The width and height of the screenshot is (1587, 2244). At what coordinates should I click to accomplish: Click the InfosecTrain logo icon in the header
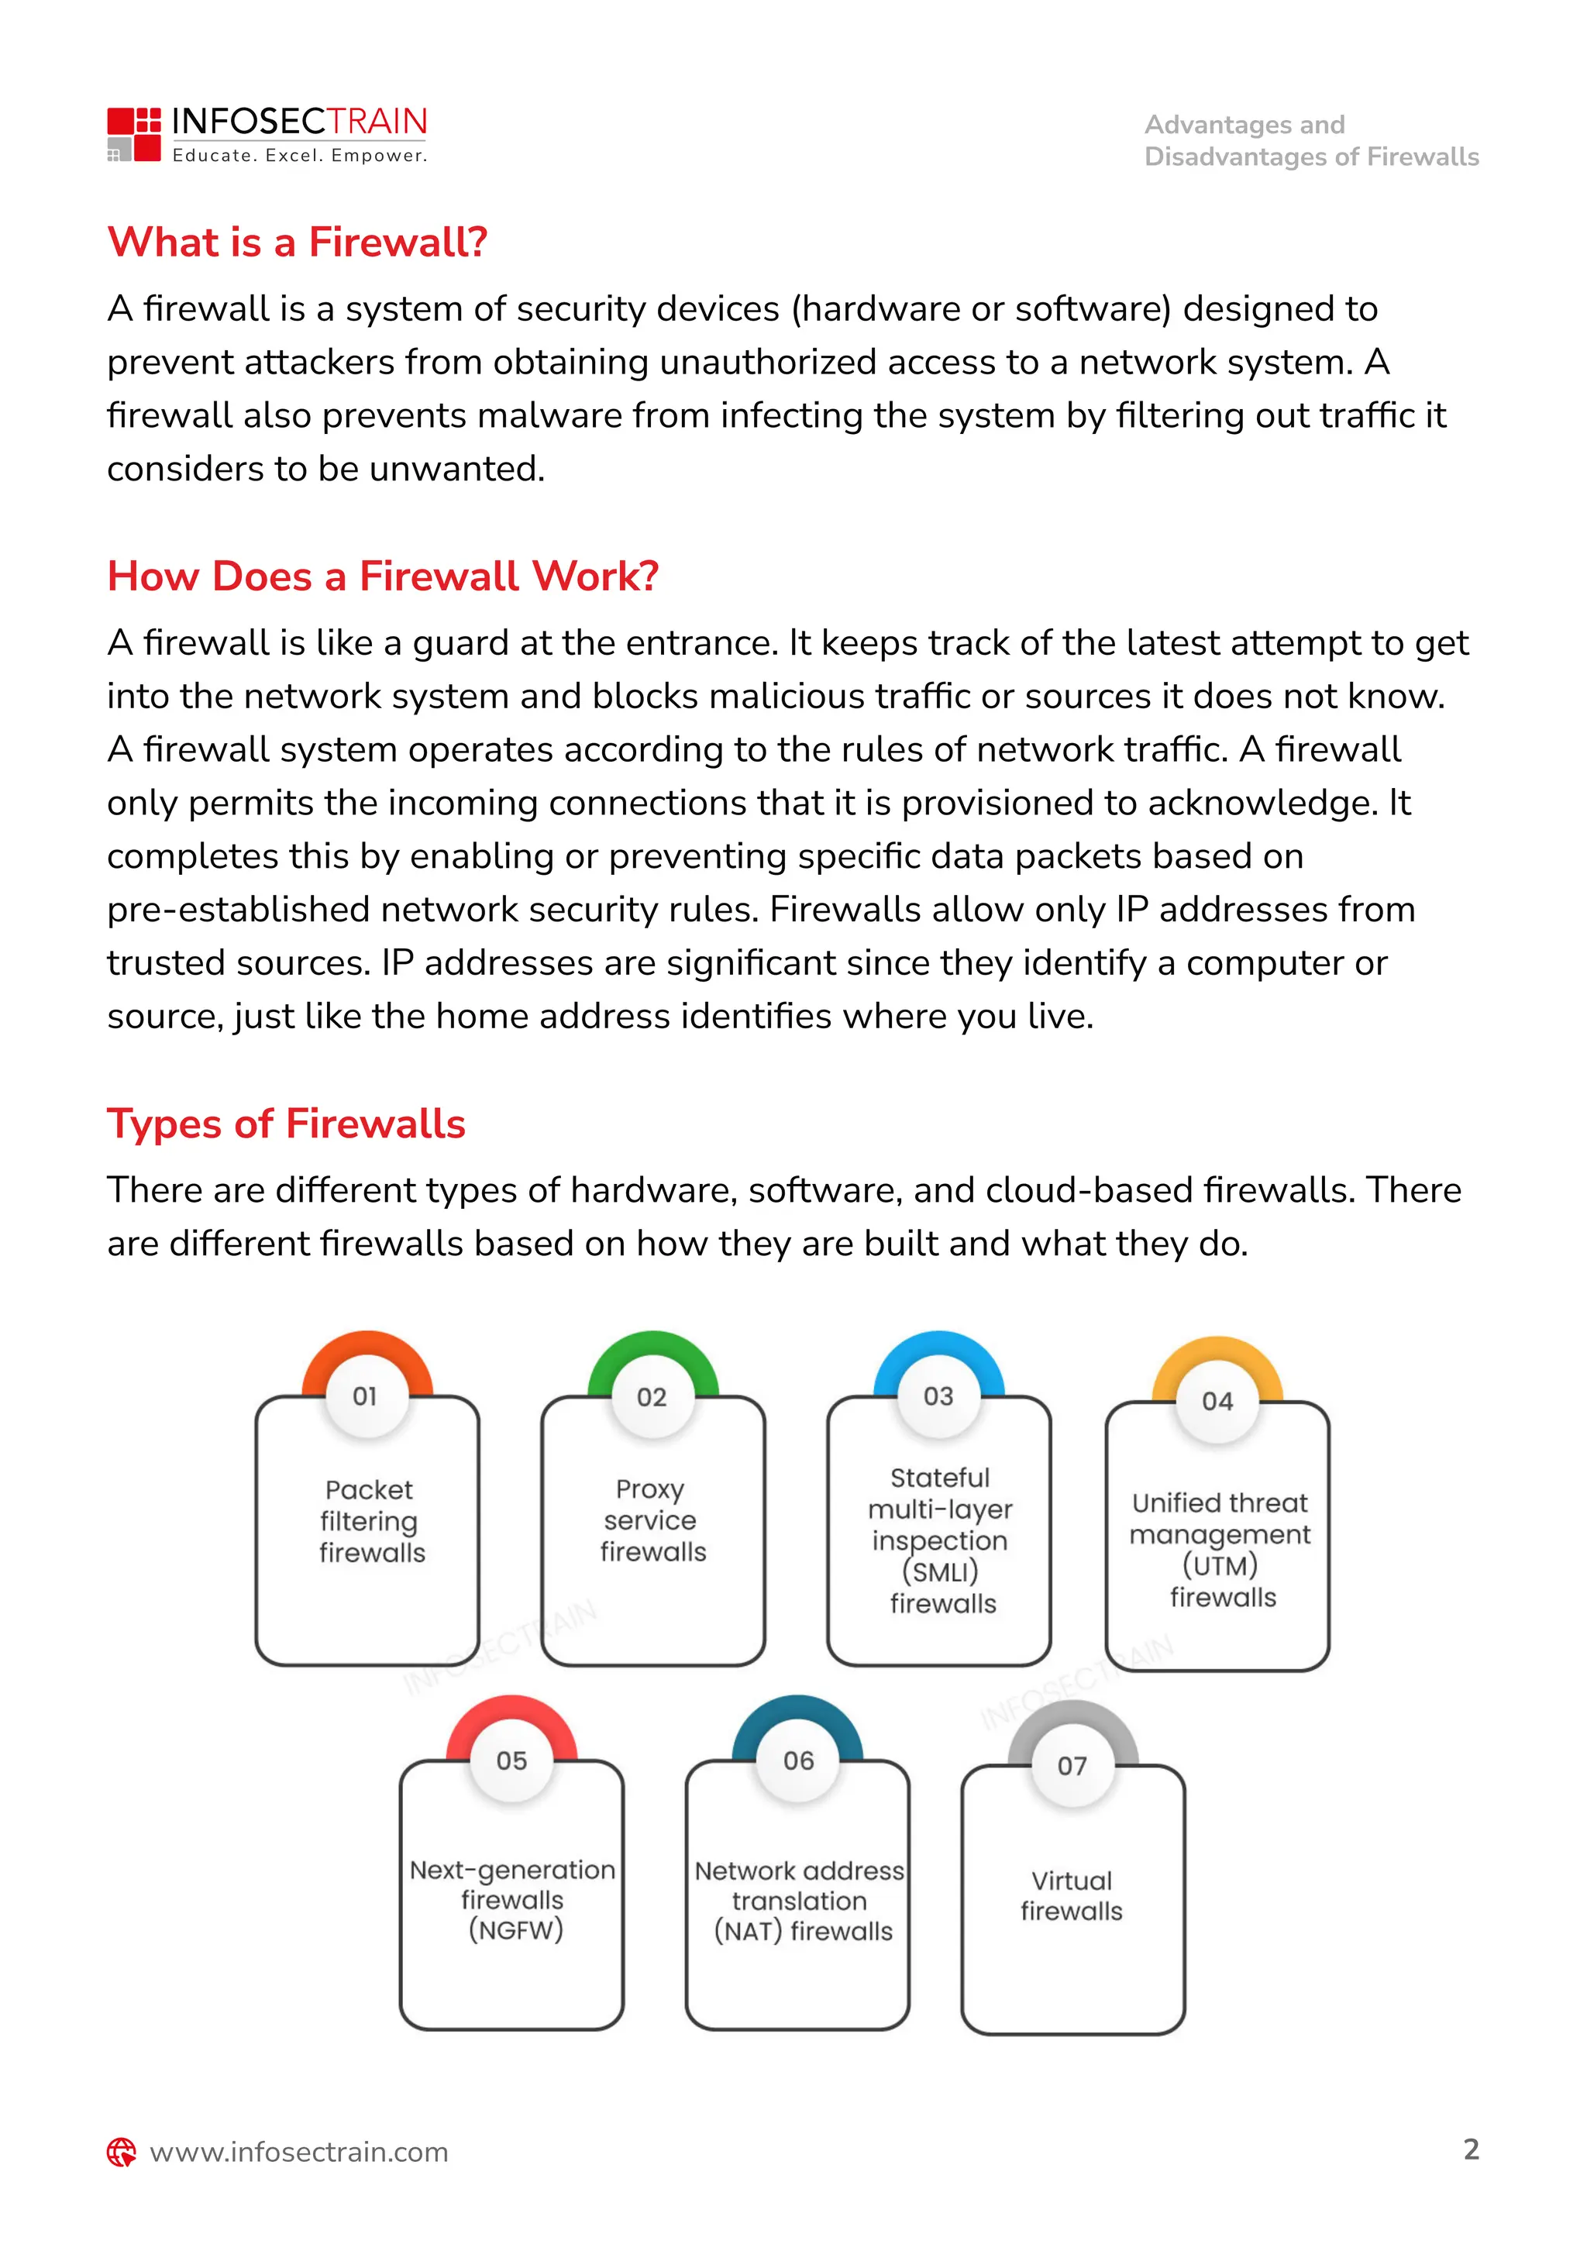click(134, 134)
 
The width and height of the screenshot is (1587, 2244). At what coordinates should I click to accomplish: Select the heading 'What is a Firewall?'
click(297, 242)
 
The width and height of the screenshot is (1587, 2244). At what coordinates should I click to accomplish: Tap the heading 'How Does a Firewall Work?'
click(383, 576)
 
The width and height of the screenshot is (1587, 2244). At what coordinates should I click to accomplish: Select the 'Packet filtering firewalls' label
click(370, 1521)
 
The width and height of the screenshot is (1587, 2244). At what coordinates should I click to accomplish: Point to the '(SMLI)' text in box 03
click(939, 1571)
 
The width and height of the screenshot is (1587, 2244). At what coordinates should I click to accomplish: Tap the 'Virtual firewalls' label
click(1072, 1895)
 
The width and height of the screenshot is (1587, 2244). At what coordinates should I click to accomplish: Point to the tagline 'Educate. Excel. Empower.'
click(300, 156)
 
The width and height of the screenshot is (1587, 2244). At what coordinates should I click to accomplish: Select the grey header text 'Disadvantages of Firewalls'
click(1311, 157)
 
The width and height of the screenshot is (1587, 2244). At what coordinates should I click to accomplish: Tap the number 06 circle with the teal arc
click(798, 1760)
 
